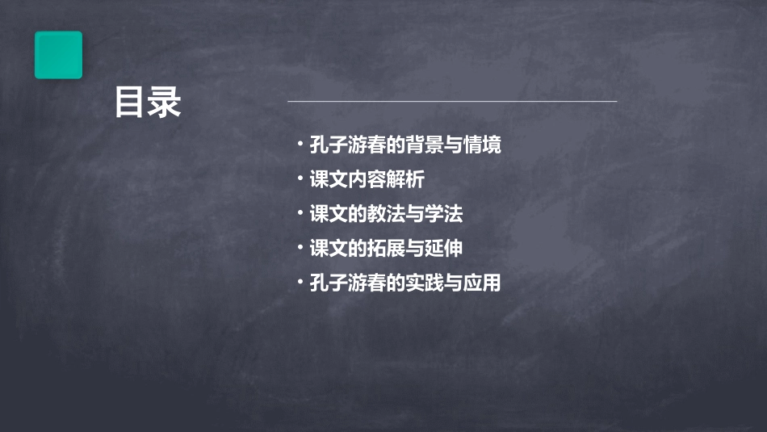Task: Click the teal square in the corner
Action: tap(58, 55)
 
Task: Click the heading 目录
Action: tap(147, 103)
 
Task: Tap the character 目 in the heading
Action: tap(130, 103)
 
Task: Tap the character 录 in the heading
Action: tap(165, 103)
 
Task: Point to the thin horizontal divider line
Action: tap(452, 102)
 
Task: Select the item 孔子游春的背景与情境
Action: tap(405, 145)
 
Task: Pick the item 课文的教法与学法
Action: tap(386, 215)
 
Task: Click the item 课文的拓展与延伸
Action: tap(386, 249)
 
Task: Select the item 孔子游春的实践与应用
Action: tap(405, 283)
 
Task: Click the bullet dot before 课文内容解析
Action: tap(300, 178)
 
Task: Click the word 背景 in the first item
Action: tap(425, 145)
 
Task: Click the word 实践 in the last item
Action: tap(425, 283)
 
